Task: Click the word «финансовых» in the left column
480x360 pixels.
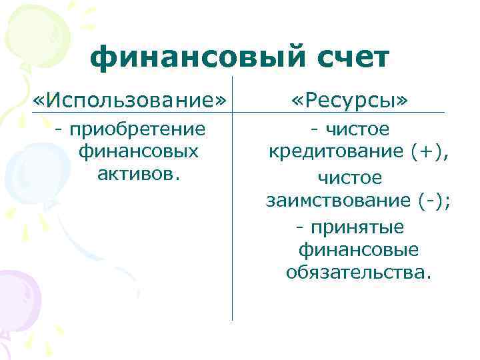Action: (x=139, y=151)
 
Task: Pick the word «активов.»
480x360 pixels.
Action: (x=139, y=174)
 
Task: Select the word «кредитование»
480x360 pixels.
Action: (x=328, y=152)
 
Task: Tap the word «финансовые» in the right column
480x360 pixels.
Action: (x=359, y=249)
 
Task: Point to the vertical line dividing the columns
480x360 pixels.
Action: (x=232, y=233)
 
